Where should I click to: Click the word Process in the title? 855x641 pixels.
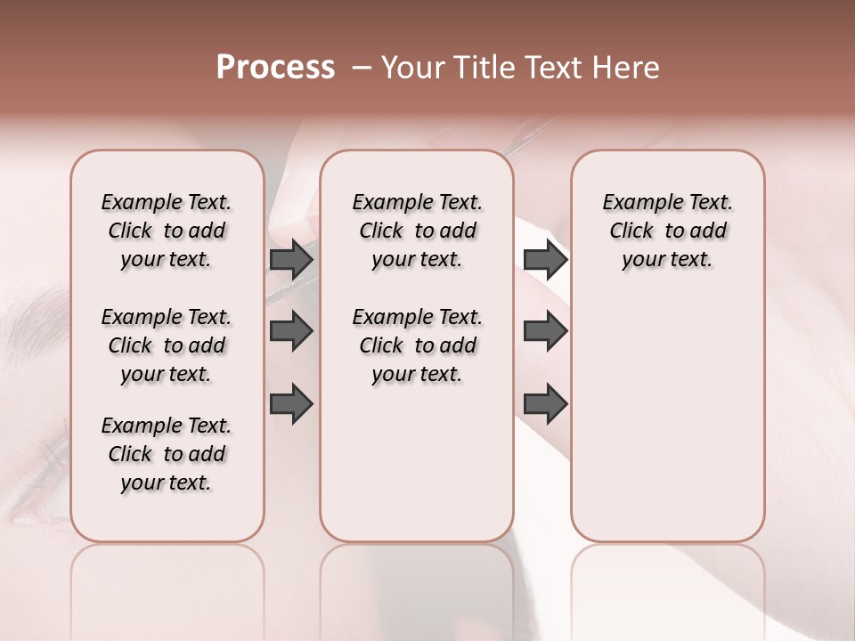coord(275,68)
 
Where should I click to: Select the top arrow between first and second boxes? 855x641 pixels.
coord(291,259)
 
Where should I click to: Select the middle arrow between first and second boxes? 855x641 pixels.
coord(291,331)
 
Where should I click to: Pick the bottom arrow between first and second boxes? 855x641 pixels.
coord(291,404)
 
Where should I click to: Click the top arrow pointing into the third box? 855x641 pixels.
coord(545,259)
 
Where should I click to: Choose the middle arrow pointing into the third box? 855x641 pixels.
coord(545,331)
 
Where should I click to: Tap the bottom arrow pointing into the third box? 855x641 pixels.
coord(545,404)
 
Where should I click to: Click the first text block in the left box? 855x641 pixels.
coord(167,231)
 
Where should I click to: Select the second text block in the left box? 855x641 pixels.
coord(167,345)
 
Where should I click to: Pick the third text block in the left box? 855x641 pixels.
coord(167,454)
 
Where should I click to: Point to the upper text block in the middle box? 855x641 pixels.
coord(417,231)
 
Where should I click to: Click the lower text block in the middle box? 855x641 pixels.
coord(417,345)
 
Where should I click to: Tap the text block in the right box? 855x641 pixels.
coord(668,231)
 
